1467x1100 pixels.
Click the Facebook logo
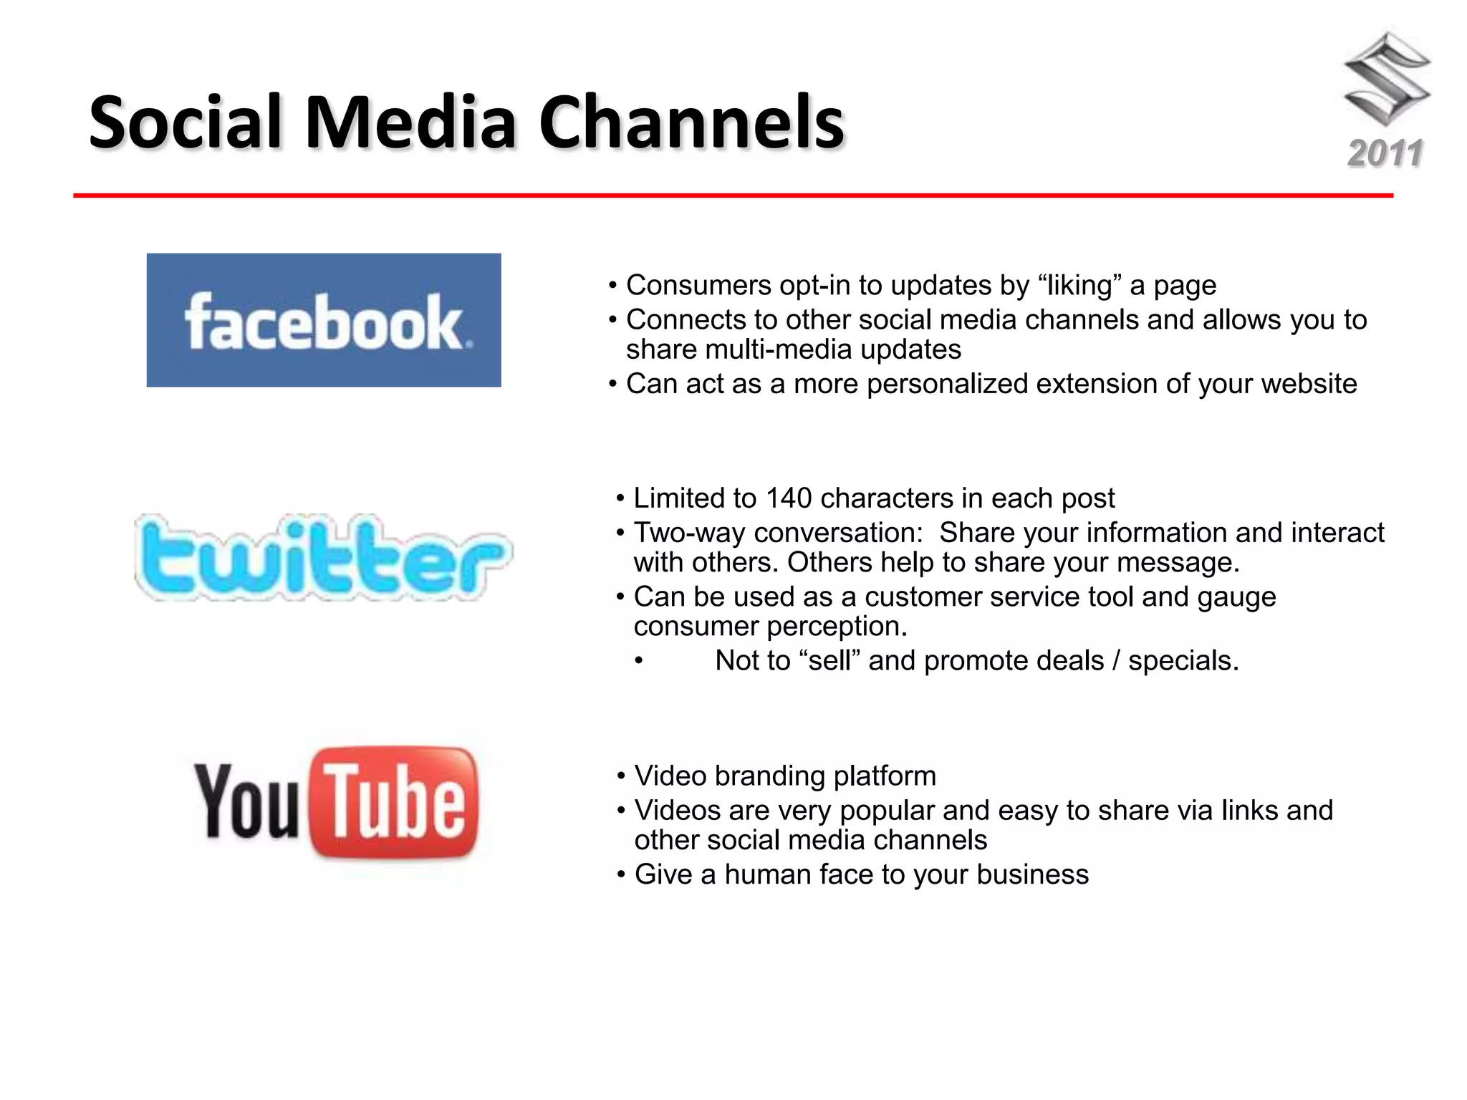[x=324, y=320]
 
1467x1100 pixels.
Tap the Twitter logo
[x=323, y=556]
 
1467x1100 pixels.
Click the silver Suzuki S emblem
[x=1387, y=79]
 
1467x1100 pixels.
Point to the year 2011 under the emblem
[x=1385, y=153]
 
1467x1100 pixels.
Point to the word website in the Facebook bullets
[x=1309, y=384]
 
